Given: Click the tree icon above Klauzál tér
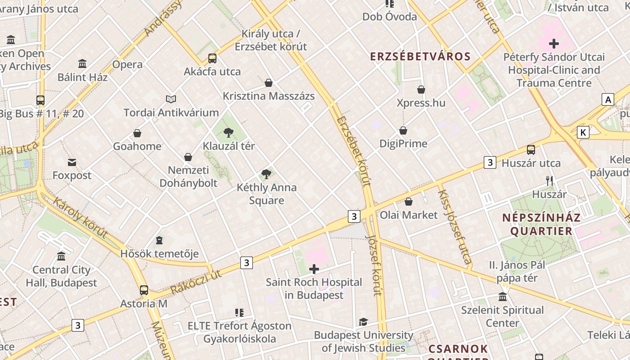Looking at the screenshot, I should (229, 132).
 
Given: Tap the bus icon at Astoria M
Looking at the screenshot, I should (144, 290).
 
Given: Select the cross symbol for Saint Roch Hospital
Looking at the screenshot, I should (314, 270).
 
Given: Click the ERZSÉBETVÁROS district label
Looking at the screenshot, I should (420, 57).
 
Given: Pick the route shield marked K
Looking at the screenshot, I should (583, 132).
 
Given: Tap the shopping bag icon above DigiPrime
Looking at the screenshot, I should (403, 130).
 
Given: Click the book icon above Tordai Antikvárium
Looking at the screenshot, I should (171, 99).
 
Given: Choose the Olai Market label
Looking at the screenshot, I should (409, 215).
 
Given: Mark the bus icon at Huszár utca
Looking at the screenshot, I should (531, 150).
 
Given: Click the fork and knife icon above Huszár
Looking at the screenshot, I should (549, 181).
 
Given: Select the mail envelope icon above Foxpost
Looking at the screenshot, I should (72, 162).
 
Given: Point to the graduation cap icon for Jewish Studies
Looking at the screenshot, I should (363, 322).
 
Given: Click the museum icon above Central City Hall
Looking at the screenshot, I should (61, 256).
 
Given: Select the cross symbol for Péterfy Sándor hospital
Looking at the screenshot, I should (554, 44).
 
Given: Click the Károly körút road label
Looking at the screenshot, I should (80, 217).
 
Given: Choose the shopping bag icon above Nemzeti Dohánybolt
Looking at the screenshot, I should (188, 157).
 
